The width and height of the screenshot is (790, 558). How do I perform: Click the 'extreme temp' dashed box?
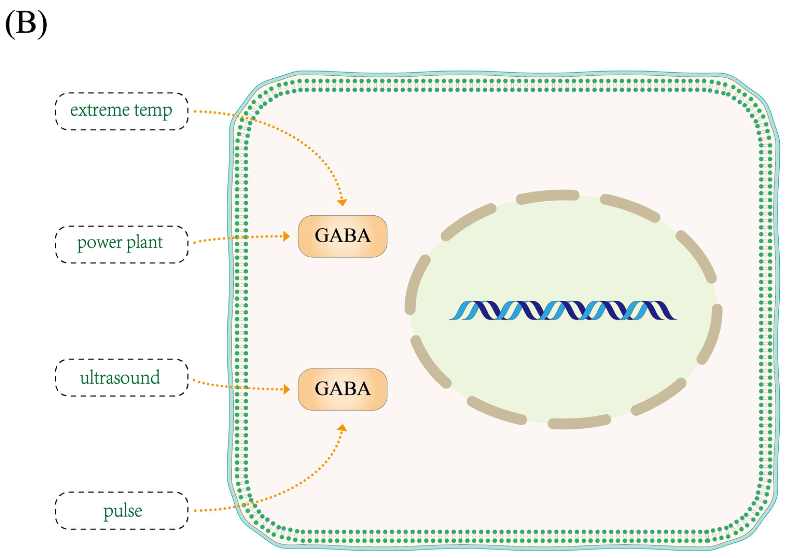click(122, 111)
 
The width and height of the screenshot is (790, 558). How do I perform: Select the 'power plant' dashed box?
click(122, 244)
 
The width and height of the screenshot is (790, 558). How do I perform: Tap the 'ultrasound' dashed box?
click(122, 377)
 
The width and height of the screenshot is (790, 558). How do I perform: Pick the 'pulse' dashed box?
click(122, 511)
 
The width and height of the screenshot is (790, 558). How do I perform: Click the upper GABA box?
click(342, 236)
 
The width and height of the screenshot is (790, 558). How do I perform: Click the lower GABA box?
click(342, 389)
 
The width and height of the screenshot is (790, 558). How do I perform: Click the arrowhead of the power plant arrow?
click(286, 236)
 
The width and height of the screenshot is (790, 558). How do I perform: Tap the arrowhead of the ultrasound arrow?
click(286, 390)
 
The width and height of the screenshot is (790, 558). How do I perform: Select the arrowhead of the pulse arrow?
click(342, 428)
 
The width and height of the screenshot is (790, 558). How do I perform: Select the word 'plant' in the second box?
click(145, 243)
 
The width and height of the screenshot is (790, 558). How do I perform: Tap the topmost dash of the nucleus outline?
click(548, 196)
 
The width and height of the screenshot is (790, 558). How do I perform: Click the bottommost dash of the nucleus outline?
click(579, 422)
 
